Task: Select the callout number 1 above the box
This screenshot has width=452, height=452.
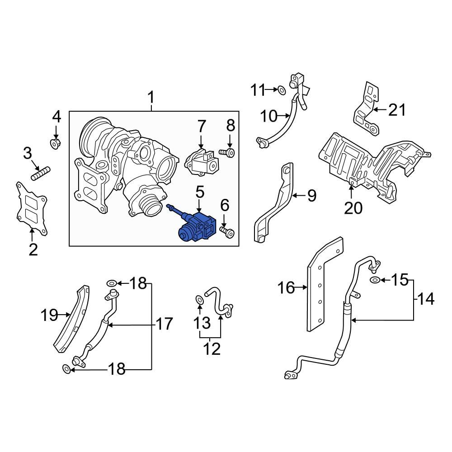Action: tap(151, 98)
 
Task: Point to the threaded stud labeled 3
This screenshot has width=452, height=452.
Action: tap(41, 173)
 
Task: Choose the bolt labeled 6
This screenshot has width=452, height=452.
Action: tap(228, 232)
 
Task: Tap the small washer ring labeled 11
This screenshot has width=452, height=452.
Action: tap(281, 90)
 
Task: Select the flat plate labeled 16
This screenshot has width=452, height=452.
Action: tap(325, 282)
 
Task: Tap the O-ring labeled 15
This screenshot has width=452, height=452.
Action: tap(375, 281)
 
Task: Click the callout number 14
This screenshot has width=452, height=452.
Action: tap(425, 299)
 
